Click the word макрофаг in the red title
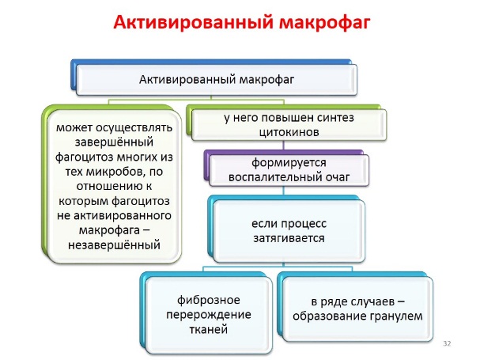325,23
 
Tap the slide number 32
447,343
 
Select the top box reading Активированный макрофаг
217,80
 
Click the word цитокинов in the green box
289,132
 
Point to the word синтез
335,117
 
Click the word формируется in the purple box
289,163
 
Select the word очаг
337,177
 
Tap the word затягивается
289,238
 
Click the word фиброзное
209,300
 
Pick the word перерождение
209,315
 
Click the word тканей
209,329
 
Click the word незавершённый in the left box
114,245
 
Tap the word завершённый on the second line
114,142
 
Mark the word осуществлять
134,127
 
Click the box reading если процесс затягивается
289,231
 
